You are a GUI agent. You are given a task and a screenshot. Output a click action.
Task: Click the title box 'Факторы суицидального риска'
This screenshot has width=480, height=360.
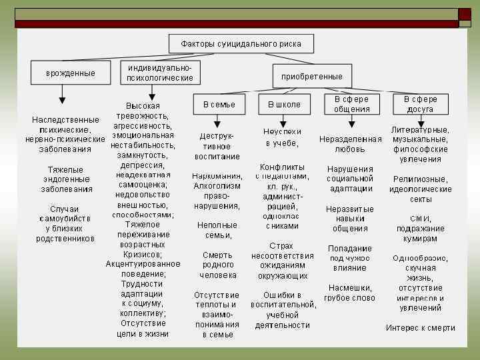coord(241,44)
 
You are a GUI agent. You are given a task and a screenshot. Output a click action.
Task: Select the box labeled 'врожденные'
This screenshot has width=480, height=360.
coord(70,73)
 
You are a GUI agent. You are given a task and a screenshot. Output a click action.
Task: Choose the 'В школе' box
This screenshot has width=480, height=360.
coord(284,105)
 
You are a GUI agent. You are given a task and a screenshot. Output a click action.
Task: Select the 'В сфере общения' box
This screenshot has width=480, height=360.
coord(351,104)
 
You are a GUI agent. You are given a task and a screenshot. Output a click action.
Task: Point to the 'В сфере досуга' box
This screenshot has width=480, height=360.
coord(420,104)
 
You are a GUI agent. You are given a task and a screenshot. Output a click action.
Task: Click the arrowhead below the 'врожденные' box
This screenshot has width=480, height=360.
coord(62,101)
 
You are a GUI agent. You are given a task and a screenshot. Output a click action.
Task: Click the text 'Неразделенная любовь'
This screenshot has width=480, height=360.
coord(351,144)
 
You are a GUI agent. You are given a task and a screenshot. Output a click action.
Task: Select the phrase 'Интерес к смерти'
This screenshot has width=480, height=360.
coord(420,327)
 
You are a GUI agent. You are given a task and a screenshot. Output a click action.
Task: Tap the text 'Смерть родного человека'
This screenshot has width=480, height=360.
coord(218,265)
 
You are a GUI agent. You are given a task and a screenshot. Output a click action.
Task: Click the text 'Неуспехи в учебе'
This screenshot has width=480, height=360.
coord(282,137)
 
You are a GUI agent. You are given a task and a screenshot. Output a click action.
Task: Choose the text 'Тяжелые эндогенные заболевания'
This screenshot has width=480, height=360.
coord(67,179)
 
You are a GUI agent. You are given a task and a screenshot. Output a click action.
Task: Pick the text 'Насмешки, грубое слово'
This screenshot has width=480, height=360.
coord(350,293)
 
